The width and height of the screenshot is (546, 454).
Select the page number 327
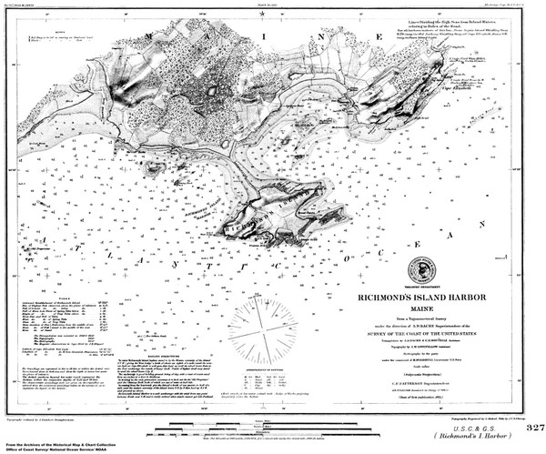click(533, 428)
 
